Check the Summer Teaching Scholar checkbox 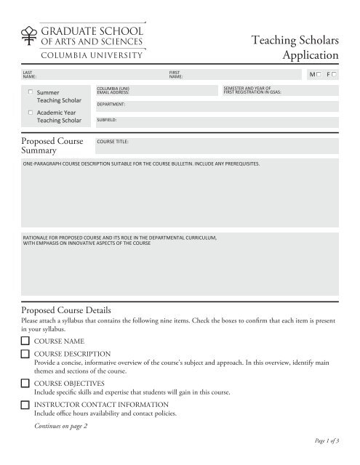pyautogui.click(x=30, y=92)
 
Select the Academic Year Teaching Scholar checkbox pyautogui.click(x=30, y=113)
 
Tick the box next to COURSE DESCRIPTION pyautogui.click(x=25, y=354)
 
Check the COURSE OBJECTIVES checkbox pyautogui.click(x=25, y=383)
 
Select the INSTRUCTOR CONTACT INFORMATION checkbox pyautogui.click(x=25, y=404)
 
